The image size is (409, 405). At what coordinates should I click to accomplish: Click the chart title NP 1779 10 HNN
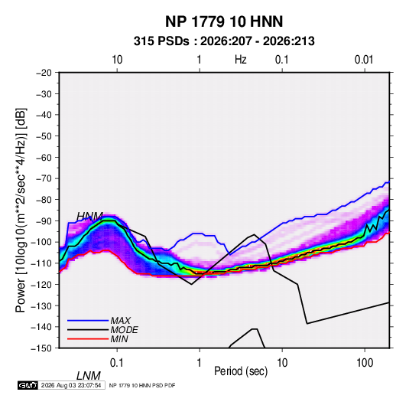click(224, 21)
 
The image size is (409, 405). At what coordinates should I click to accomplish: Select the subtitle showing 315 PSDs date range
click(224, 41)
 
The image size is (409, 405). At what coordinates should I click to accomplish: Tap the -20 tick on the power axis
click(44, 73)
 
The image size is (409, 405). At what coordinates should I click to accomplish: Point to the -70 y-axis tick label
click(44, 178)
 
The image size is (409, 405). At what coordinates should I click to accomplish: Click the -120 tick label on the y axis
click(41, 284)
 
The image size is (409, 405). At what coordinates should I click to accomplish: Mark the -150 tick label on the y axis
click(41, 348)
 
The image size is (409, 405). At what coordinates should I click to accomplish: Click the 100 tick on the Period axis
click(365, 363)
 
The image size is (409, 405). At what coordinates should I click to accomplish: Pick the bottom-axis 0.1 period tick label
click(117, 363)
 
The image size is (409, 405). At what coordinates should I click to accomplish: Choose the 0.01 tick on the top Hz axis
click(364, 60)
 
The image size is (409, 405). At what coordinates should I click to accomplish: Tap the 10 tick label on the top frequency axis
click(117, 60)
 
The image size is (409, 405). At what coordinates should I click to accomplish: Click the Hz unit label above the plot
click(240, 60)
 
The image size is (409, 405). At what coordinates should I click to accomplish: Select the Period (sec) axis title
click(241, 371)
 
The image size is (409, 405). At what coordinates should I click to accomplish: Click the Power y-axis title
click(21, 210)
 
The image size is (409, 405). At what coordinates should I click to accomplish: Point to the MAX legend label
click(120, 320)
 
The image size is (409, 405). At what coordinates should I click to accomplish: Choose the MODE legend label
click(124, 330)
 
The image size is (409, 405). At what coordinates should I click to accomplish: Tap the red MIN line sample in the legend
click(88, 339)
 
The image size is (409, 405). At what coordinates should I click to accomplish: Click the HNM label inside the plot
click(89, 217)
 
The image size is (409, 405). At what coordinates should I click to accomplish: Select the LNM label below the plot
click(89, 376)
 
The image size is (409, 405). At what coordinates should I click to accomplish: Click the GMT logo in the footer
click(28, 385)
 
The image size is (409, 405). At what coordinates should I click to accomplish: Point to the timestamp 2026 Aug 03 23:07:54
click(71, 385)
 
